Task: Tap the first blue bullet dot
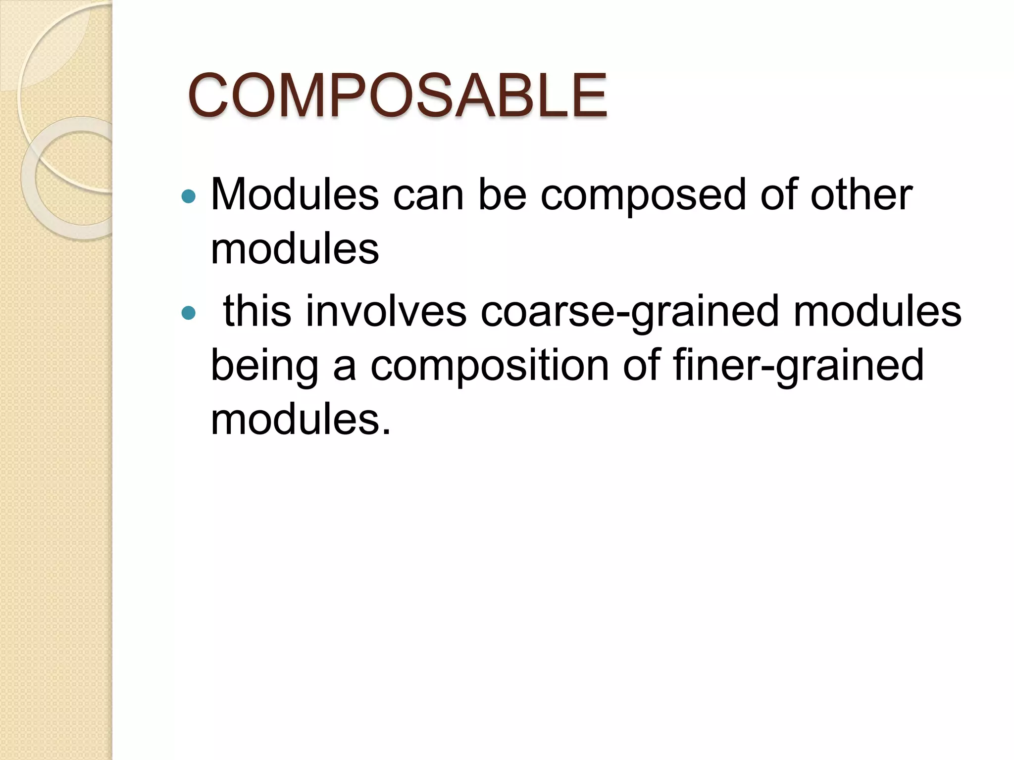pos(189,197)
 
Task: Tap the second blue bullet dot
pos(189,313)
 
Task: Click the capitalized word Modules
pos(295,194)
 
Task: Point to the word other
pos(861,194)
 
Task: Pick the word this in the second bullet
pos(256,311)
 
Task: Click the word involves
pos(386,311)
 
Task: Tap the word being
pos(264,367)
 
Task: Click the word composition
pos(490,367)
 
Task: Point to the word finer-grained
pos(798,367)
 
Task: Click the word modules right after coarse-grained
pos(877,311)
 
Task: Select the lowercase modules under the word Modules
pos(295,249)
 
